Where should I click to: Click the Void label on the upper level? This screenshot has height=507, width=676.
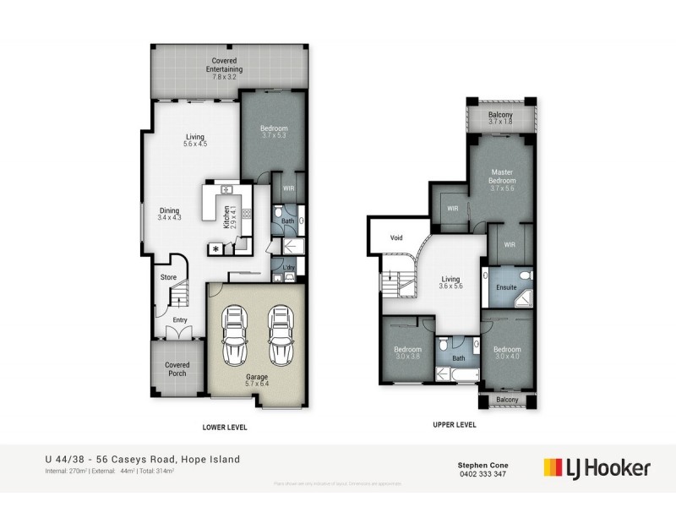click(x=396, y=238)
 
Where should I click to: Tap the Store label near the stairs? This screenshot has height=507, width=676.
click(x=169, y=276)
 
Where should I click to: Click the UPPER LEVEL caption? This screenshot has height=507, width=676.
click(x=455, y=424)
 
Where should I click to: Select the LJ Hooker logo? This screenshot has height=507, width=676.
click(x=597, y=466)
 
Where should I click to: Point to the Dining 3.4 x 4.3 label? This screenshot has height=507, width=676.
click(x=171, y=214)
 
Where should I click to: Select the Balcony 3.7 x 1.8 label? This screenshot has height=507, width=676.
click(x=502, y=119)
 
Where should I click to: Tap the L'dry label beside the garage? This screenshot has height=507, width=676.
click(x=289, y=269)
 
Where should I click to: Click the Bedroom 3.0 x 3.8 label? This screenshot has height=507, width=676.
click(x=407, y=352)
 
